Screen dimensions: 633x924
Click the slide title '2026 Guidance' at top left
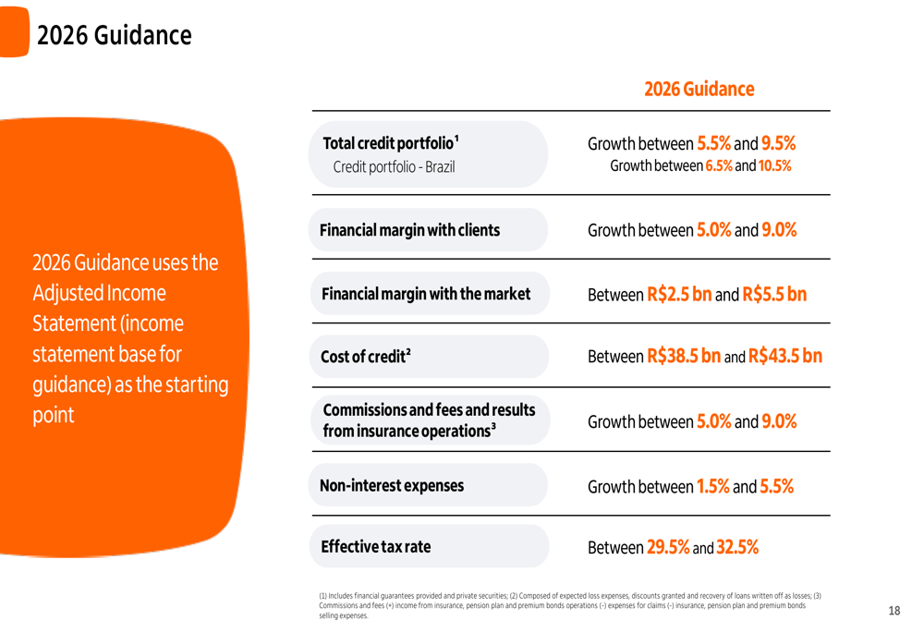click(x=115, y=36)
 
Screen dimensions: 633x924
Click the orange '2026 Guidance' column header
click(x=699, y=90)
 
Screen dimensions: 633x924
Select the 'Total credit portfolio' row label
click(x=390, y=144)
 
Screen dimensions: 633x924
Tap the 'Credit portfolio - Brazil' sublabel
click(x=394, y=167)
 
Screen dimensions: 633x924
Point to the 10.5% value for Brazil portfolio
click(x=774, y=166)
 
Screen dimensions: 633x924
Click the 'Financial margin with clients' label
click(x=409, y=230)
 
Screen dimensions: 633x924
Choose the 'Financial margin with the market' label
click(x=426, y=294)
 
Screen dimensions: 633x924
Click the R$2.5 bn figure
click(x=679, y=295)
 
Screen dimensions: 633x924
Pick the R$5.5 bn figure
click(x=774, y=295)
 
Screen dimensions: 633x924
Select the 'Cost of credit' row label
click(x=365, y=357)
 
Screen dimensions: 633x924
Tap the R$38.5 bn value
click(x=684, y=356)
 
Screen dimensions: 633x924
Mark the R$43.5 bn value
click(x=784, y=356)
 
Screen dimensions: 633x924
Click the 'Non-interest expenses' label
click(x=392, y=485)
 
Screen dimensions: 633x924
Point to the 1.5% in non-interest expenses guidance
click(x=712, y=486)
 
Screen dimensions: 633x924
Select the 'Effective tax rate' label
click(x=375, y=547)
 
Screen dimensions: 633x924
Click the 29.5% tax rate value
click(x=668, y=547)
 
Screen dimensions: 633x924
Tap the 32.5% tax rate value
click(x=737, y=547)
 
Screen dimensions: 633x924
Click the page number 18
click(x=894, y=611)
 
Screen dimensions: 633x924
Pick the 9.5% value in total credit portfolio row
click(x=778, y=144)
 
